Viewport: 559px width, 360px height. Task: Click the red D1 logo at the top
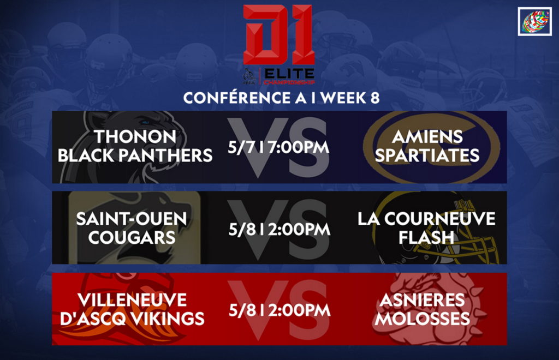pos(279,34)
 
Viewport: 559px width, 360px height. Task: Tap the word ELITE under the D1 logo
pos(289,74)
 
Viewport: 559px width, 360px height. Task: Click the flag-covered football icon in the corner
pos(535,21)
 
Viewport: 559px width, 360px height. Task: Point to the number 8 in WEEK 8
pos(374,98)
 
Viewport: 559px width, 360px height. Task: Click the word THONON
pos(135,137)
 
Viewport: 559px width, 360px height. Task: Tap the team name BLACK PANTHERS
pos(135,155)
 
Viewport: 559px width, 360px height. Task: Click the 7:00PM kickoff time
pos(299,147)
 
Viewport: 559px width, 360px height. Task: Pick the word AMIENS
pos(427,137)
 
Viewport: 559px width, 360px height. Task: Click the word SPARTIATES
pos(427,155)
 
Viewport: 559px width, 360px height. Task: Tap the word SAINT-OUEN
pos(132,219)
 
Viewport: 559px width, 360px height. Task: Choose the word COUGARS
pos(132,237)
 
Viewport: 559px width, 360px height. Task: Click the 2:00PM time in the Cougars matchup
pos(300,229)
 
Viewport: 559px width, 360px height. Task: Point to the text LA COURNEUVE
pos(426,219)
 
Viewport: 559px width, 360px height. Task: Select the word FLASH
pos(426,237)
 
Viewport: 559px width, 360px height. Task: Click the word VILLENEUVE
pos(132,300)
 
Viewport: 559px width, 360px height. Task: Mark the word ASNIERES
pos(422,300)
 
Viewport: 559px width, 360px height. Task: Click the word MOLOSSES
pos(422,319)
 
